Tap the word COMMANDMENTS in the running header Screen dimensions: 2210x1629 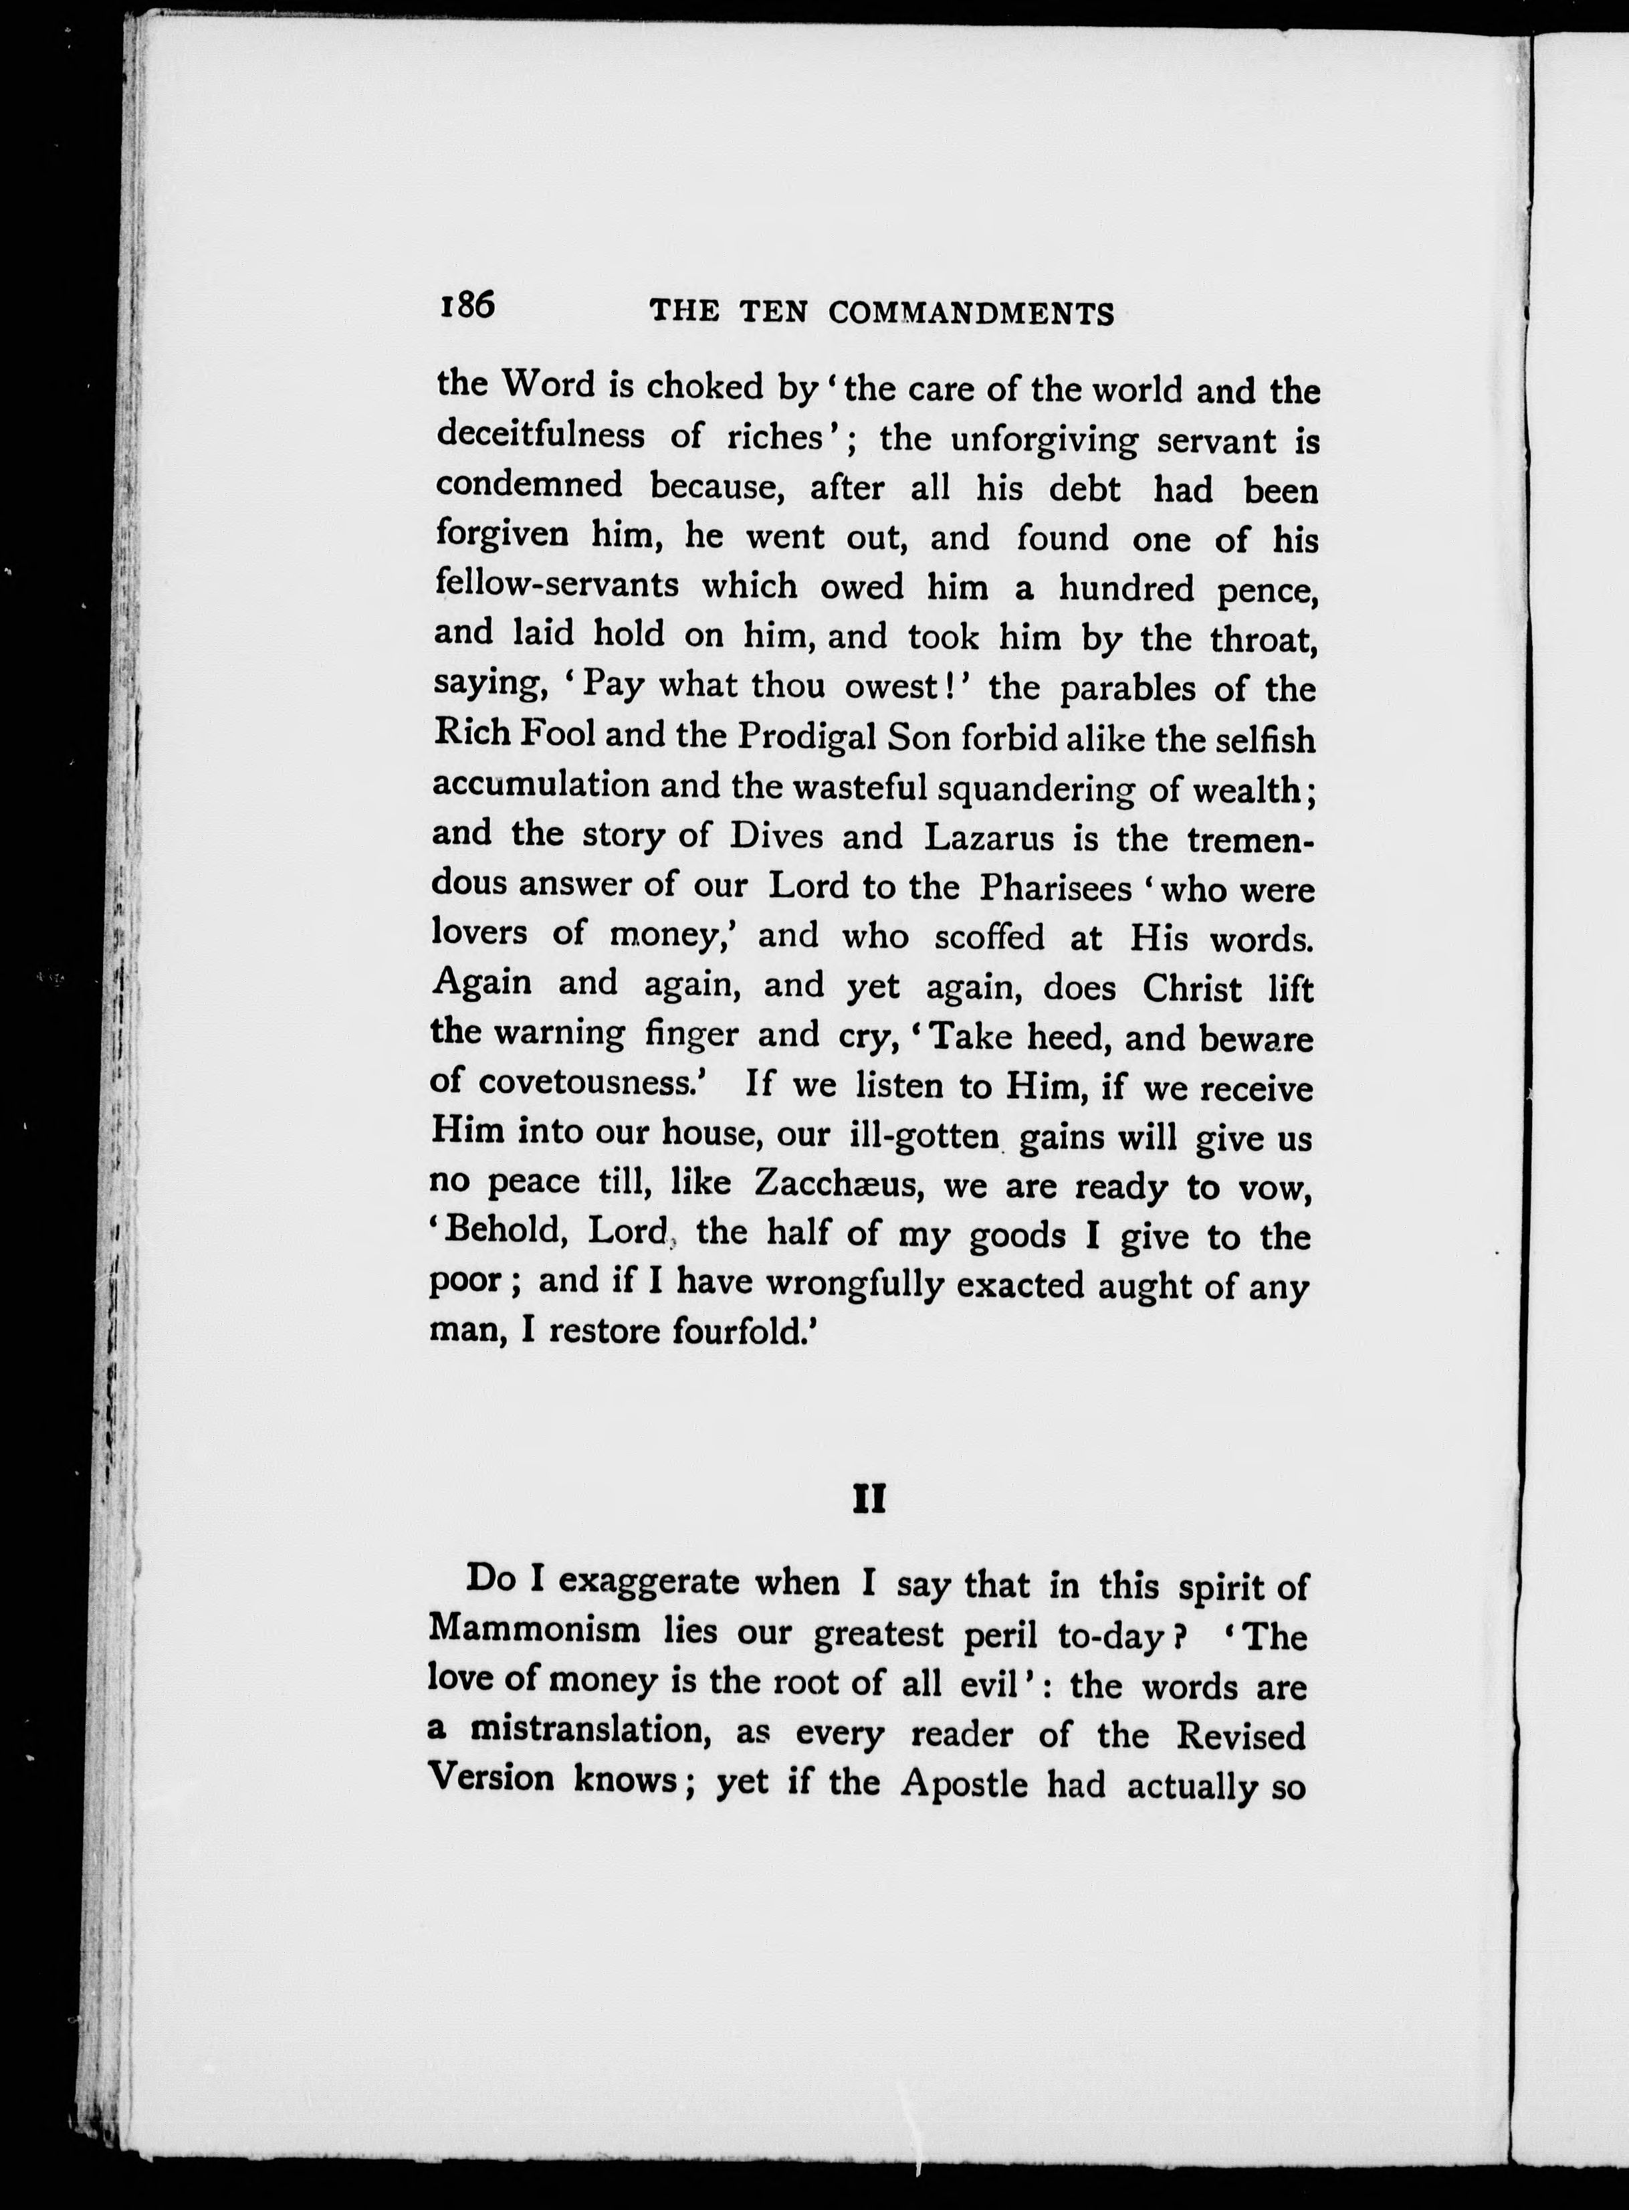point(971,314)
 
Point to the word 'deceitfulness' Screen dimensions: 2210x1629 point(540,435)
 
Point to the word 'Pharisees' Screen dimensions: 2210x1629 point(1055,888)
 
